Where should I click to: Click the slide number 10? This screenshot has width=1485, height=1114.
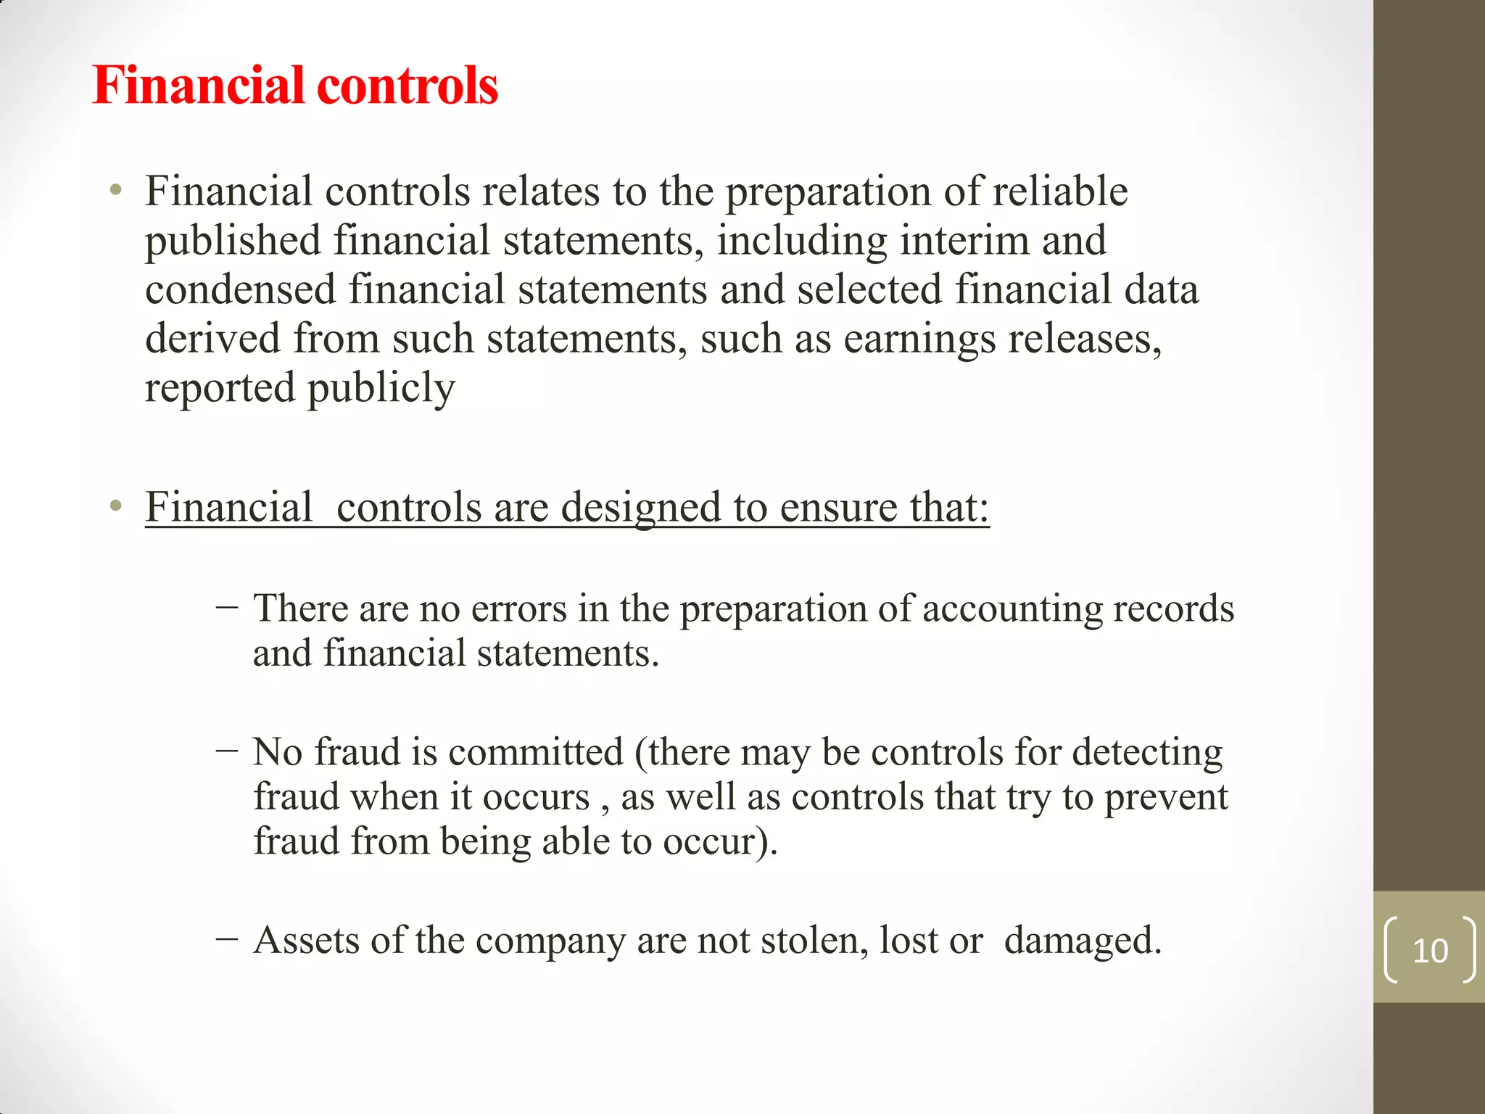[1430, 950]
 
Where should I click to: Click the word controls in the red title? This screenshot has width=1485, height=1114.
[408, 86]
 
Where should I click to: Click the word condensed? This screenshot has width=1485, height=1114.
[240, 289]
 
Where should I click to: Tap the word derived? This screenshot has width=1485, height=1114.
[212, 339]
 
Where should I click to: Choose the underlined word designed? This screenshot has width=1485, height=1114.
[641, 508]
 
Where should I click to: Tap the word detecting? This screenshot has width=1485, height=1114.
[1147, 752]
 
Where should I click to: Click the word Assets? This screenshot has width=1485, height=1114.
[307, 941]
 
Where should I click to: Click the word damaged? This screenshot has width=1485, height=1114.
[1083, 941]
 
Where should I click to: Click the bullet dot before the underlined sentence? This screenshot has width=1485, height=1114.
[115, 506]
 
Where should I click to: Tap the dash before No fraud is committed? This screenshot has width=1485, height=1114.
[226, 749]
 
